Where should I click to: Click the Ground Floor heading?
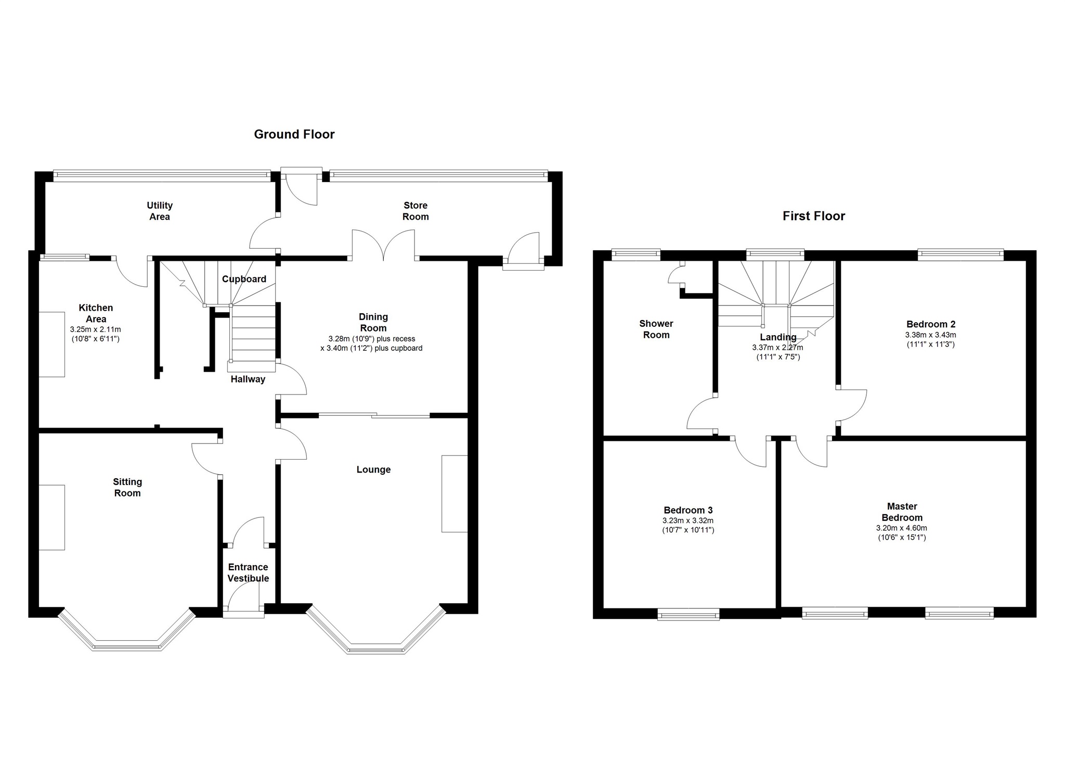(x=294, y=134)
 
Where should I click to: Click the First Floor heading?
(x=813, y=216)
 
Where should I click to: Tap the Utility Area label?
(x=159, y=211)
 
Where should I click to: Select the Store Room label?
(x=415, y=211)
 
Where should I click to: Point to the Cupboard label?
(x=244, y=279)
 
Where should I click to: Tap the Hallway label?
(x=248, y=379)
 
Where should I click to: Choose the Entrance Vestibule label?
(x=248, y=573)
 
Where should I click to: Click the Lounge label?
(x=373, y=469)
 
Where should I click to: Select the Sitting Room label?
(x=127, y=488)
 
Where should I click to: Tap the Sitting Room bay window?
(x=127, y=646)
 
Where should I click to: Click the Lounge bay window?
(x=375, y=649)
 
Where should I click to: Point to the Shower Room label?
(x=656, y=329)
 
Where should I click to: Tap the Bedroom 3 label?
(x=687, y=510)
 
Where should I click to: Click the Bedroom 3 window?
(x=688, y=615)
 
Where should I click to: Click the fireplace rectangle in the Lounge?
(x=454, y=493)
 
